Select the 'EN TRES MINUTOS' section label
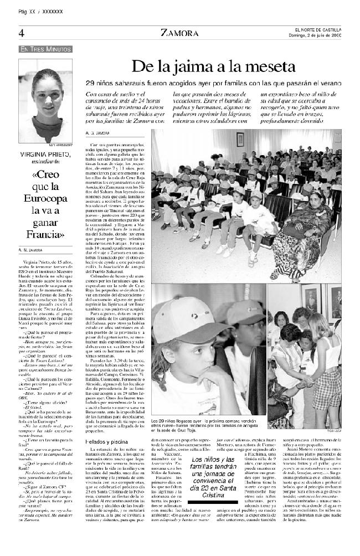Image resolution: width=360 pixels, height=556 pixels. pyautogui.click(x=45, y=49)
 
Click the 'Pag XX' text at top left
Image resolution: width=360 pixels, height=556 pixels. pyautogui.click(x=27, y=11)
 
